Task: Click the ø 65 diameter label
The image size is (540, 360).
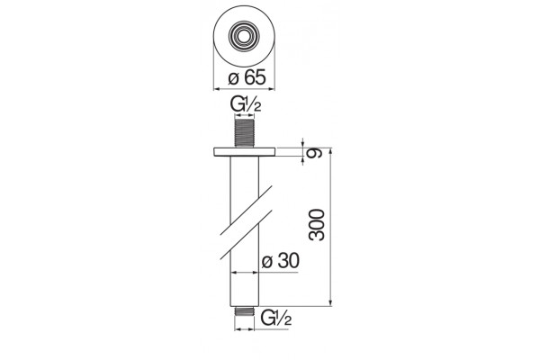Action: tap(247, 77)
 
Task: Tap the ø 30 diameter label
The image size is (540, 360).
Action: tap(280, 261)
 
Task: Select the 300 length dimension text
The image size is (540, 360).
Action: tap(317, 225)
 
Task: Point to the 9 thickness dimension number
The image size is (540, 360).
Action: tap(316, 152)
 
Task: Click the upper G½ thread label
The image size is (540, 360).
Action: tap(246, 104)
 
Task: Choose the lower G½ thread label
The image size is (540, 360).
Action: tap(276, 318)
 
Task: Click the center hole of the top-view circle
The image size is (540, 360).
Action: tap(244, 35)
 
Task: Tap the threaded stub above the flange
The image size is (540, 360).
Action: tap(244, 133)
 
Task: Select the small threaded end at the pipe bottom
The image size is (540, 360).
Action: tap(244, 311)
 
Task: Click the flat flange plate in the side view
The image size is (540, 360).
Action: tap(244, 152)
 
